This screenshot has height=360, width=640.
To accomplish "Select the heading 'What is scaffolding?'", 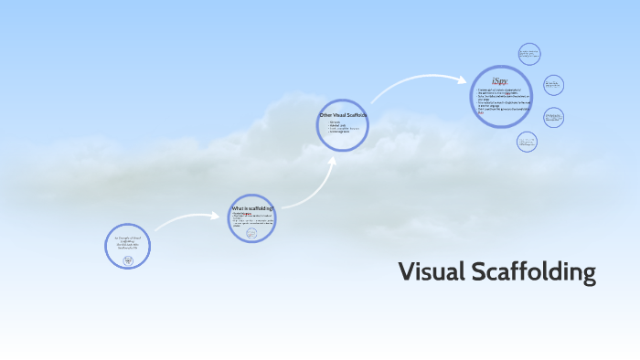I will click(251, 208).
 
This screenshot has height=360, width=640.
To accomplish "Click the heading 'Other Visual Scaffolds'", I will click(342, 115).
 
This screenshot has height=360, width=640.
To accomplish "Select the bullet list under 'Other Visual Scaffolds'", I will click(340, 126).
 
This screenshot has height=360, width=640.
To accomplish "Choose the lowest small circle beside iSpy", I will click(527, 141).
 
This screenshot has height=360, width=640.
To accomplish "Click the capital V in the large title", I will click(406, 272).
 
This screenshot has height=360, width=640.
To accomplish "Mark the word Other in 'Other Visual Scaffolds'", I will click(325, 115).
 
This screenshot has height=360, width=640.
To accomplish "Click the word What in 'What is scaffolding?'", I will click(237, 208).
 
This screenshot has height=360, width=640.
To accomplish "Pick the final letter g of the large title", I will click(589, 275).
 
